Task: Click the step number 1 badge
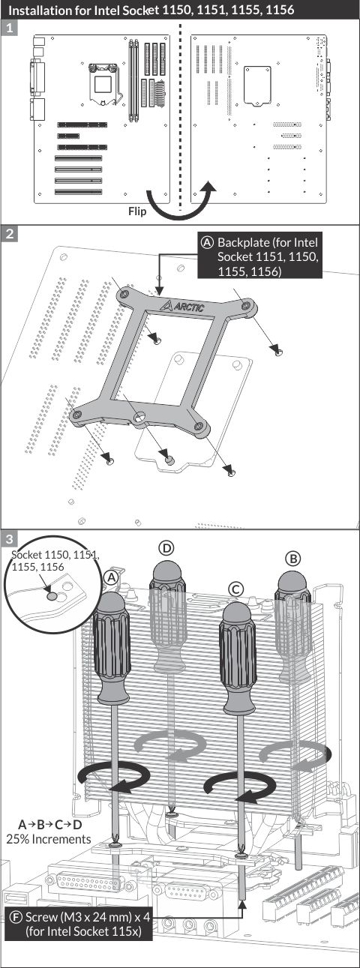click(x=10, y=28)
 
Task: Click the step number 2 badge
click(x=10, y=234)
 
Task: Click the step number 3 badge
click(x=10, y=539)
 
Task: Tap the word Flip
click(x=137, y=211)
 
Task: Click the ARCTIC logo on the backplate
click(x=182, y=307)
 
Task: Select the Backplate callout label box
click(x=259, y=256)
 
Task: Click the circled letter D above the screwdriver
click(x=166, y=548)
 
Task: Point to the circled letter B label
click(x=293, y=559)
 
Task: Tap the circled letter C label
click(x=235, y=589)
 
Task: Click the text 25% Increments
click(x=49, y=839)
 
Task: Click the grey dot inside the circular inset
click(x=52, y=597)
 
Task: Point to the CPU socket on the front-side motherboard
click(x=103, y=83)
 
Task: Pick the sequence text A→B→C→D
click(x=50, y=825)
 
